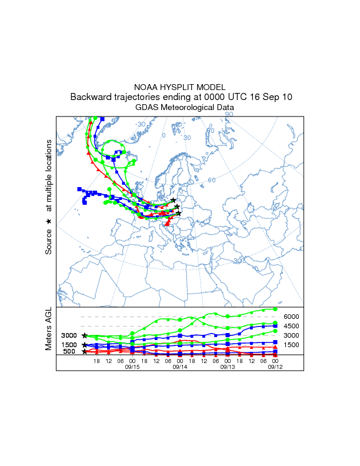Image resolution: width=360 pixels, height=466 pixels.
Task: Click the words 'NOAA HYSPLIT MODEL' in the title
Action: [179, 87]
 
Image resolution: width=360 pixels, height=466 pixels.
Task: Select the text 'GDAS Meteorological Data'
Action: [184, 108]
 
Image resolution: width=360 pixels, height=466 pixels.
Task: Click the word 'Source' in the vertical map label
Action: [49, 241]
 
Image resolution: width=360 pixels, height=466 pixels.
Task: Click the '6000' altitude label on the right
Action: [292, 317]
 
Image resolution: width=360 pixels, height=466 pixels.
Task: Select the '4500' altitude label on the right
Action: [292, 326]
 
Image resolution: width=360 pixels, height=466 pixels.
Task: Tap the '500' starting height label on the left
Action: [69, 352]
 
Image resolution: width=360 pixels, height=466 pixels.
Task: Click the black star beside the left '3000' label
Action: [85, 335]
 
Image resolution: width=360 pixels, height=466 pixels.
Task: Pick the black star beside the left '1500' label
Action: [85, 345]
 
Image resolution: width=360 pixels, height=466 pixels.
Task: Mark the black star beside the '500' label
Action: [85, 352]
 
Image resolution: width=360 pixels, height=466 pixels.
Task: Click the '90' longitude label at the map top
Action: [229, 114]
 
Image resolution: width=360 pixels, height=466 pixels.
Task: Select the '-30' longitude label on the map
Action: [141, 125]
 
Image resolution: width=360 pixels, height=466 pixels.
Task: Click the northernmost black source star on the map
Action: [174, 200]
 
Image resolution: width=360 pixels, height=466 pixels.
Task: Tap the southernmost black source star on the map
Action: [178, 213]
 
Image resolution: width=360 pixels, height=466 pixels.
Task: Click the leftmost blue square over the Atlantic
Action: [79, 189]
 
